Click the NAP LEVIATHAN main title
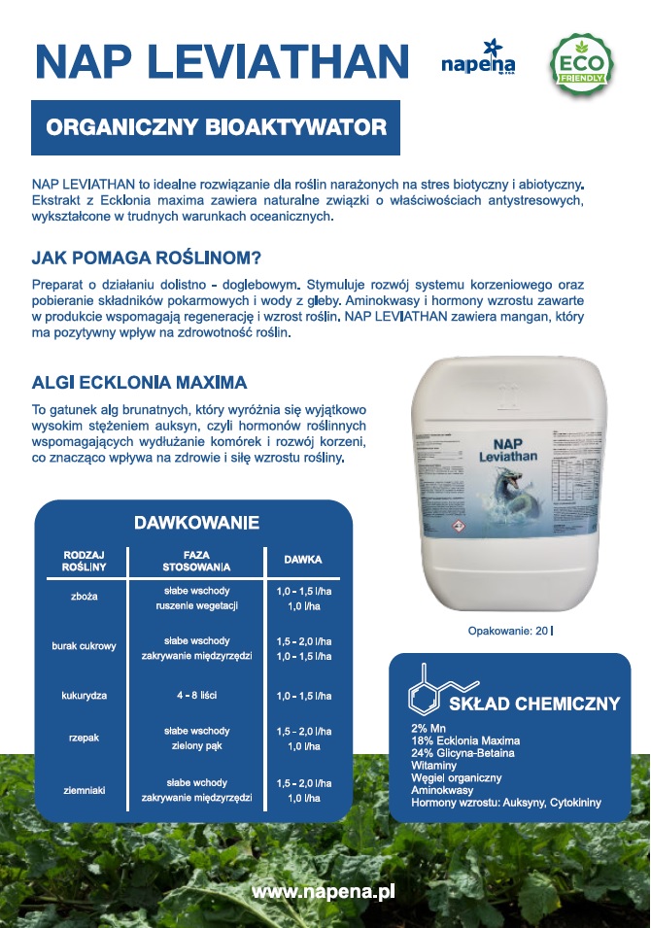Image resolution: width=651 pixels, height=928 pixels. click(x=222, y=61)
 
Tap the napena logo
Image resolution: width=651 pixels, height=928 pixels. click(x=478, y=60)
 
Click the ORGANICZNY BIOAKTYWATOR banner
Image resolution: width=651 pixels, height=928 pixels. click(x=216, y=127)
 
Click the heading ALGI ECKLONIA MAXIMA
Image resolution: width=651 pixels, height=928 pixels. click(x=139, y=381)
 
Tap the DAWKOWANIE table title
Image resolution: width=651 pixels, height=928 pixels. click(x=196, y=523)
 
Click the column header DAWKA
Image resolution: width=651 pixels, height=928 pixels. click(x=302, y=561)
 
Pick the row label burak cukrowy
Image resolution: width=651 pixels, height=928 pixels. click(x=85, y=646)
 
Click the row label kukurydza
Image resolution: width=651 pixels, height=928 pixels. click(x=85, y=697)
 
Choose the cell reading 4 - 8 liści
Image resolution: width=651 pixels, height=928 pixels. click(x=196, y=697)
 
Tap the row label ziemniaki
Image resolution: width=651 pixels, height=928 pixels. click(x=85, y=790)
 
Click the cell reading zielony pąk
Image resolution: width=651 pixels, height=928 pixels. click(x=196, y=746)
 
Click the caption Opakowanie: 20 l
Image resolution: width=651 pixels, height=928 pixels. click(x=510, y=631)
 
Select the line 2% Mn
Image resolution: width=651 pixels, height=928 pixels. click(x=428, y=728)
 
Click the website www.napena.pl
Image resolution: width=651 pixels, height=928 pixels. click(x=323, y=891)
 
